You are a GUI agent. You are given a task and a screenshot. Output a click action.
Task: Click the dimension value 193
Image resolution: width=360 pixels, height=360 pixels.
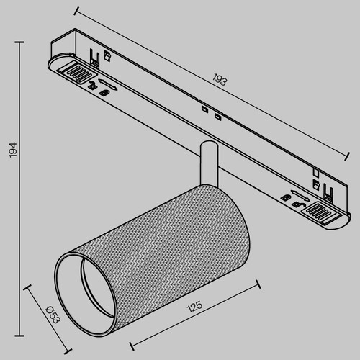tap(220, 81)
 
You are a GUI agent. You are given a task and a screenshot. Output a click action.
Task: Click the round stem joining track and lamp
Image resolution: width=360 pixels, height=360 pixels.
tap(207, 164)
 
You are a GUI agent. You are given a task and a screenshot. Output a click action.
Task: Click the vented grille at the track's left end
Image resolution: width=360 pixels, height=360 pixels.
tap(75, 71)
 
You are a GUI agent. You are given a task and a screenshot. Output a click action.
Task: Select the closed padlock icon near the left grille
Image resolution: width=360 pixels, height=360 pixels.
tap(105, 91)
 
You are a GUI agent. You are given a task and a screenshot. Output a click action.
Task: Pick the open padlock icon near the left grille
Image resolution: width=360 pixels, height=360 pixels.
tap(92, 85)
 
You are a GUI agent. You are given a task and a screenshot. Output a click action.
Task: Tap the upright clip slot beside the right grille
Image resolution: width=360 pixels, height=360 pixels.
tap(328, 193)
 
